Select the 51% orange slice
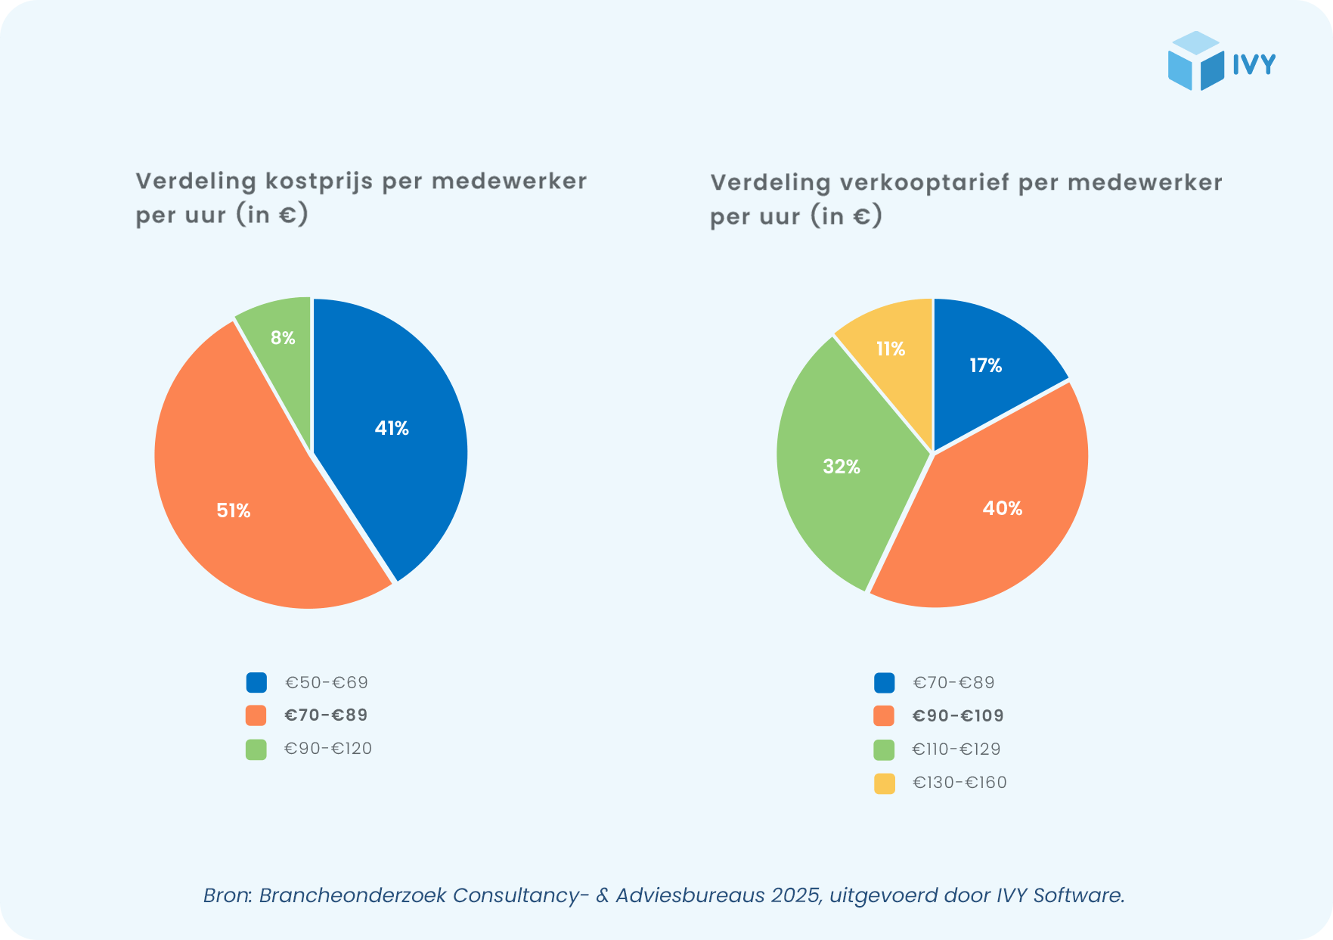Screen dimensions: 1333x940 click(x=250, y=499)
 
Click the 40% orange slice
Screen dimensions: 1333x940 click(x=998, y=514)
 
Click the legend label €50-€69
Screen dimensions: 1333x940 click(x=326, y=683)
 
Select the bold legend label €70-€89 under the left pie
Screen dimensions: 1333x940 click(x=326, y=715)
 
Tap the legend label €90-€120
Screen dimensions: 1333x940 click(x=328, y=749)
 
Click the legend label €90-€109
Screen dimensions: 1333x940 click(x=958, y=716)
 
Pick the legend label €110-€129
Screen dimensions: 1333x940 click(x=956, y=749)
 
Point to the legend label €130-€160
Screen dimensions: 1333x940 click(x=959, y=783)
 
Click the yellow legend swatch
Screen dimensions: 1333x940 click(x=885, y=783)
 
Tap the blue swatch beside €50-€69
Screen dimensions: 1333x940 click(x=256, y=683)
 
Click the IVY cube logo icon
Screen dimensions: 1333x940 click(x=1195, y=61)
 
